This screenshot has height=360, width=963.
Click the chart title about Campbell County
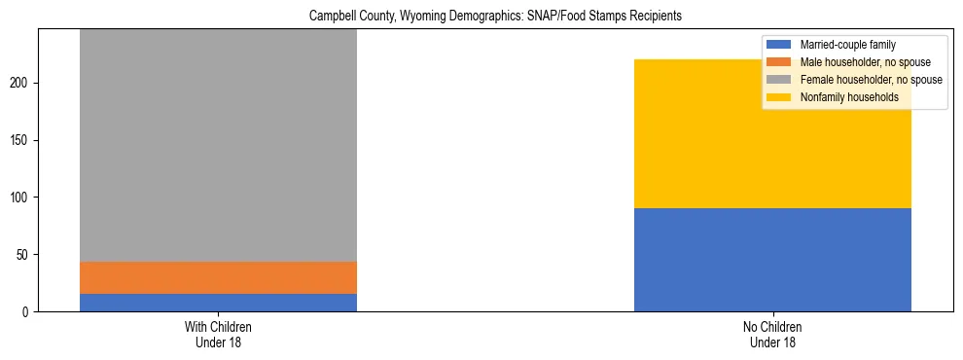coord(481,17)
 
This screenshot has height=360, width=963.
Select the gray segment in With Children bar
coord(218,145)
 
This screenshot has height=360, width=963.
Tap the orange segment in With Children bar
coord(218,277)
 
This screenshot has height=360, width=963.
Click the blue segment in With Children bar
coord(218,303)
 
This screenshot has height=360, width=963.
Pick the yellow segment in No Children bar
coord(772,134)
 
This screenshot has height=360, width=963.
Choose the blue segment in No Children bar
coord(772,260)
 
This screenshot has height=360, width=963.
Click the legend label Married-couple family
coord(847,45)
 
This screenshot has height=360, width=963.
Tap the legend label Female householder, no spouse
coord(871,80)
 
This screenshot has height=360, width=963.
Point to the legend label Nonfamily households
coord(849,97)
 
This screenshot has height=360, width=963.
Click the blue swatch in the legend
coord(780,45)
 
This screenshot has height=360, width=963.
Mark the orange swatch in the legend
coord(780,62)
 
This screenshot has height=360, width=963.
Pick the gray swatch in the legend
coord(780,80)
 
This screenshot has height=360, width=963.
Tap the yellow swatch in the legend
coord(780,97)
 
